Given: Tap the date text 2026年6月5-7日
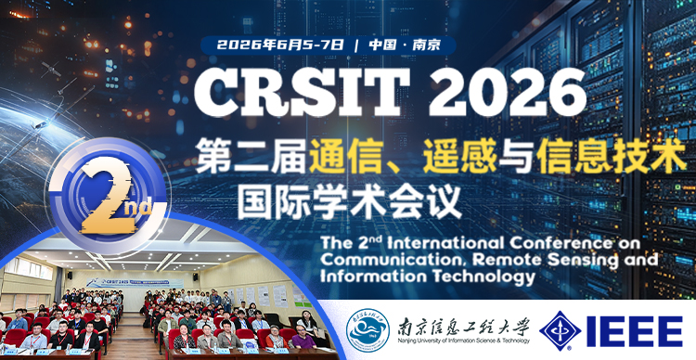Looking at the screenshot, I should tap(280, 45).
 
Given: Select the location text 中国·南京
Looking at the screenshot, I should tap(404, 45).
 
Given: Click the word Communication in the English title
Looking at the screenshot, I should tap(389, 259).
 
